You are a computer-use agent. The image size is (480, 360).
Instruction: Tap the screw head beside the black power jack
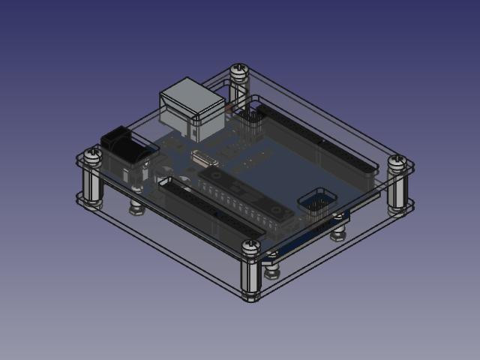point(92,155)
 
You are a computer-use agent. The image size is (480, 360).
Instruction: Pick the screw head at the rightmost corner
point(397,161)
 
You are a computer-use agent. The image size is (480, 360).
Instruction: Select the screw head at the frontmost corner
point(251,246)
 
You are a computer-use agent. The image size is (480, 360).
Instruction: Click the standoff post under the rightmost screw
point(397,191)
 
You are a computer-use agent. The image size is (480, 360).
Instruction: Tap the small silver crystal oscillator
point(202,158)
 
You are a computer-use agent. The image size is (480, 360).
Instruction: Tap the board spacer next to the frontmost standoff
point(271,265)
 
